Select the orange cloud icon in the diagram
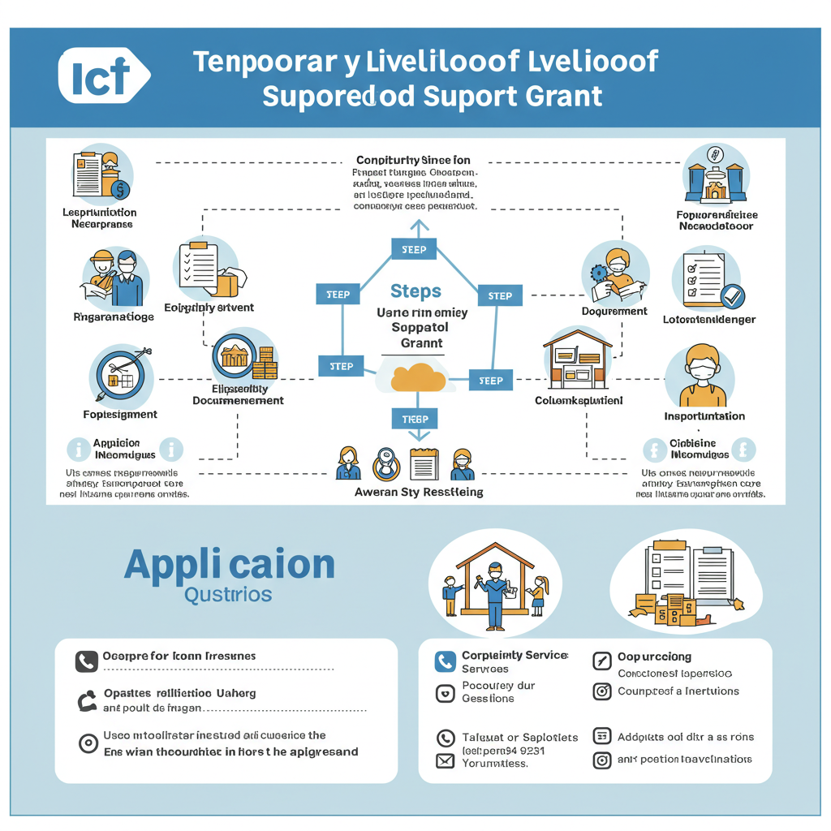tap(417, 377)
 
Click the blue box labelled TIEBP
tap(415, 419)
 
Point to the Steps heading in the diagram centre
tap(415, 291)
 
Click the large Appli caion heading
tap(230, 565)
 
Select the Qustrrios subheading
tap(228, 594)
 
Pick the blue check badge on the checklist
tap(733, 296)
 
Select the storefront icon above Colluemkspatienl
tap(577, 358)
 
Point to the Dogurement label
tap(614, 311)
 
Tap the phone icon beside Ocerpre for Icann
tap(86, 661)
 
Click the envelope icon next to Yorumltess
tap(445, 761)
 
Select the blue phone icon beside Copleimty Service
tap(445, 661)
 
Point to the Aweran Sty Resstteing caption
tap(419, 492)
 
